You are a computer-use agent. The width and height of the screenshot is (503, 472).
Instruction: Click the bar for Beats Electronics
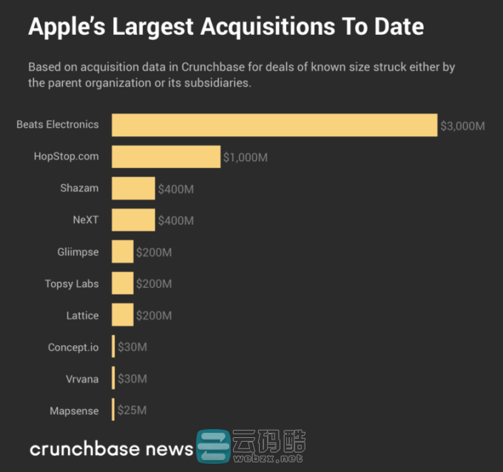[x=274, y=125]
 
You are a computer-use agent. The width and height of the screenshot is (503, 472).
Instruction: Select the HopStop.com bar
[x=166, y=157]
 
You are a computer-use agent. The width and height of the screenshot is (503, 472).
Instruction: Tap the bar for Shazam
[x=133, y=189]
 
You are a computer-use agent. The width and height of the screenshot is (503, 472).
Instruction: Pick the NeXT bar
[x=133, y=220]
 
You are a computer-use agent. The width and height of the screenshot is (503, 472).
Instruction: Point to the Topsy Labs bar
[x=123, y=283]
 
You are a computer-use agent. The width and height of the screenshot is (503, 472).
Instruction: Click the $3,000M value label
[x=462, y=126]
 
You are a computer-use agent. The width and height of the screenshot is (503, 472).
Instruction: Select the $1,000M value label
[x=246, y=158]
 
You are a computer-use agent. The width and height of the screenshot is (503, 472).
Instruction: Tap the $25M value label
[x=132, y=410]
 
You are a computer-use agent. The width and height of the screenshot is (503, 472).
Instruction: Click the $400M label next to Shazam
[x=176, y=189]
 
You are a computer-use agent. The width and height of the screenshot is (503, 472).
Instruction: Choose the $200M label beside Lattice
[x=154, y=316]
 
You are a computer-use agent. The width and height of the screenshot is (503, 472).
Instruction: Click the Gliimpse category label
[x=78, y=252]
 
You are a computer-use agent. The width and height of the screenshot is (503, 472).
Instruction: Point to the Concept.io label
[x=73, y=347]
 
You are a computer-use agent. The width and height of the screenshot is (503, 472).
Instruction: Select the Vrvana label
[x=82, y=379]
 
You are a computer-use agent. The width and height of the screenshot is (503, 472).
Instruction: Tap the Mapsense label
[x=74, y=411]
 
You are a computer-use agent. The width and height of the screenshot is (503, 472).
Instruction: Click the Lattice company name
[x=82, y=315]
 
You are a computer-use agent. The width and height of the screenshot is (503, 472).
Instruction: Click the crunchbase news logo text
[x=111, y=449]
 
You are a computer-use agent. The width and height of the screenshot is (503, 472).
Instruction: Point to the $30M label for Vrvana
[x=132, y=379]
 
